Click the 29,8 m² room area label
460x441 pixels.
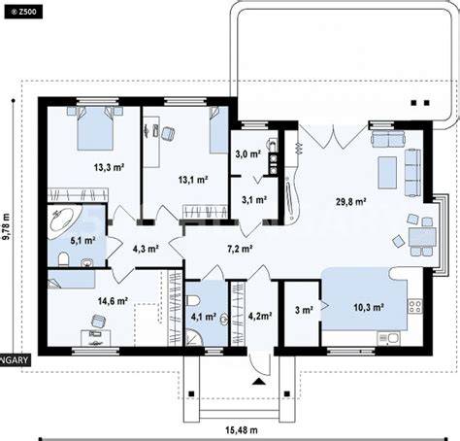click(350, 202)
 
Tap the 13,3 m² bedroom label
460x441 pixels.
click(110, 167)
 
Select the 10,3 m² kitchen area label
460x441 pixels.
click(369, 307)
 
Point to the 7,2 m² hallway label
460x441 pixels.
click(240, 249)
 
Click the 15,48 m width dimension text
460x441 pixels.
click(242, 430)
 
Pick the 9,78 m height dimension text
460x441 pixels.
click(6, 226)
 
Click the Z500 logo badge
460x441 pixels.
click(23, 12)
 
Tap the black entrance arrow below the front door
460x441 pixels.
click(259, 381)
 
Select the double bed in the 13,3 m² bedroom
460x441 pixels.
click(95, 128)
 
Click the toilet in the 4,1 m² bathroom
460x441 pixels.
click(193, 300)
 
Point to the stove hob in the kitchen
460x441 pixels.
click(415, 306)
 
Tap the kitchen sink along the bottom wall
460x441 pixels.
click(388, 338)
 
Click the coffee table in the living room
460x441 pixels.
click(387, 173)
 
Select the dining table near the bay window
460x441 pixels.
click(422, 237)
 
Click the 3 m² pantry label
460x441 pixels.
click(304, 310)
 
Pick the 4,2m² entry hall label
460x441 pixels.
click(260, 316)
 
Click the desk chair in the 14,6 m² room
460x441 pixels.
click(99, 321)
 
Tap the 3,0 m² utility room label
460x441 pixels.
click(247, 154)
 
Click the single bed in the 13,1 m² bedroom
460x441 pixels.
click(218, 129)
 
